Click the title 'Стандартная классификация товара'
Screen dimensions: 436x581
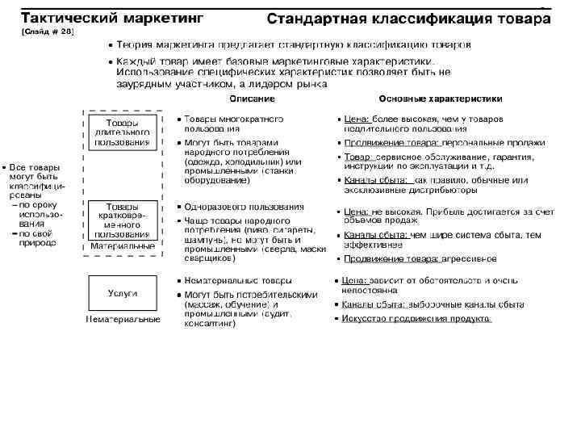coord(403,18)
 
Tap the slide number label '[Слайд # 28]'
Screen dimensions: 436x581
coord(47,31)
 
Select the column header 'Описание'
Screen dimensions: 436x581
coord(252,99)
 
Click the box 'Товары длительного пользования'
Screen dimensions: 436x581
coord(123,132)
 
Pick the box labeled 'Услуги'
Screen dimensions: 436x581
coord(123,292)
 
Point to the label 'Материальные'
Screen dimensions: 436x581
coord(123,245)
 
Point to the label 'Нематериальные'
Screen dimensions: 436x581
coord(123,320)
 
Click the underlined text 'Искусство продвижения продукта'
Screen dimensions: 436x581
coord(417,318)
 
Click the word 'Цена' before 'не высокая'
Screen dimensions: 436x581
coord(356,212)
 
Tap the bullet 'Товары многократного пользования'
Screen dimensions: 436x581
coord(233,123)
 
